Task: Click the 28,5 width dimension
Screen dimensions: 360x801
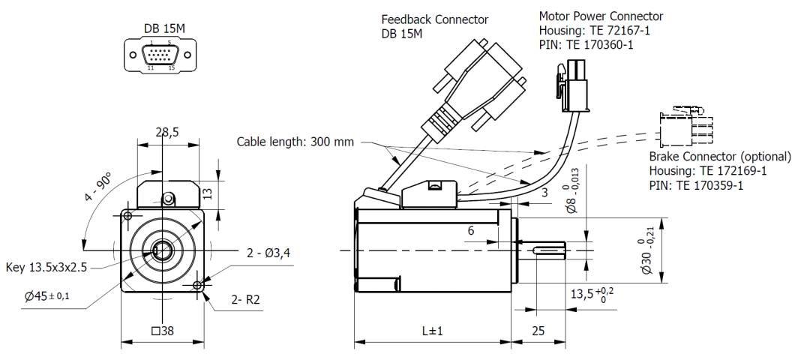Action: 166,132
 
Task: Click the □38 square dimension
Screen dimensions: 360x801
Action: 164,331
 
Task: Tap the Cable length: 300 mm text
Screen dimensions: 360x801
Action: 295,141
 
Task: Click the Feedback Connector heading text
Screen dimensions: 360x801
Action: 435,19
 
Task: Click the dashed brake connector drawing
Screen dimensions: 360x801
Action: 685,128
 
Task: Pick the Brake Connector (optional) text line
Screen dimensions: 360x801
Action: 719,157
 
